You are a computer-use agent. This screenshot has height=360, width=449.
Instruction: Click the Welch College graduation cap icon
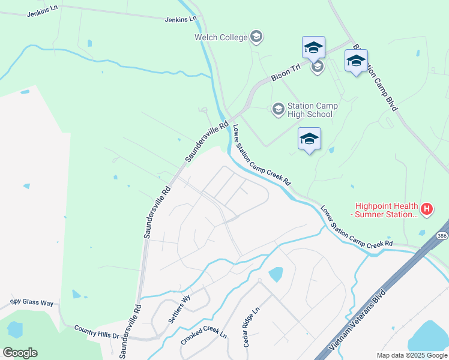pos(256,37)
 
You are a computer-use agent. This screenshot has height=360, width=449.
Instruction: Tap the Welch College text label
pos(220,38)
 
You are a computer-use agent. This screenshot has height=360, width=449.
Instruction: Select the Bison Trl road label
pos(286,73)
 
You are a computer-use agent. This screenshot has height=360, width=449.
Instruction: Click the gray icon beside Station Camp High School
pos(278,109)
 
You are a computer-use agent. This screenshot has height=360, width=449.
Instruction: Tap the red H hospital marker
pos(427,209)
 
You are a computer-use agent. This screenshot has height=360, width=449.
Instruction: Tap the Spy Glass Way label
pos(32,302)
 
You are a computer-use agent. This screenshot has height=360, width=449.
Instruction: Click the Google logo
pos(20,353)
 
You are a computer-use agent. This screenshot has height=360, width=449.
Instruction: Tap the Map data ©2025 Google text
pos(411,355)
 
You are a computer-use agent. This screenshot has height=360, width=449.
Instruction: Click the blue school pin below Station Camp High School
pos(309,139)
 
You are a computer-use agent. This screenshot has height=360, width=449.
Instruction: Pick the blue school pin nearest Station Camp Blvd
pos(356,61)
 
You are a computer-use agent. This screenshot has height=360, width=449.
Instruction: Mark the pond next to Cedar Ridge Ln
pos(276,274)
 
